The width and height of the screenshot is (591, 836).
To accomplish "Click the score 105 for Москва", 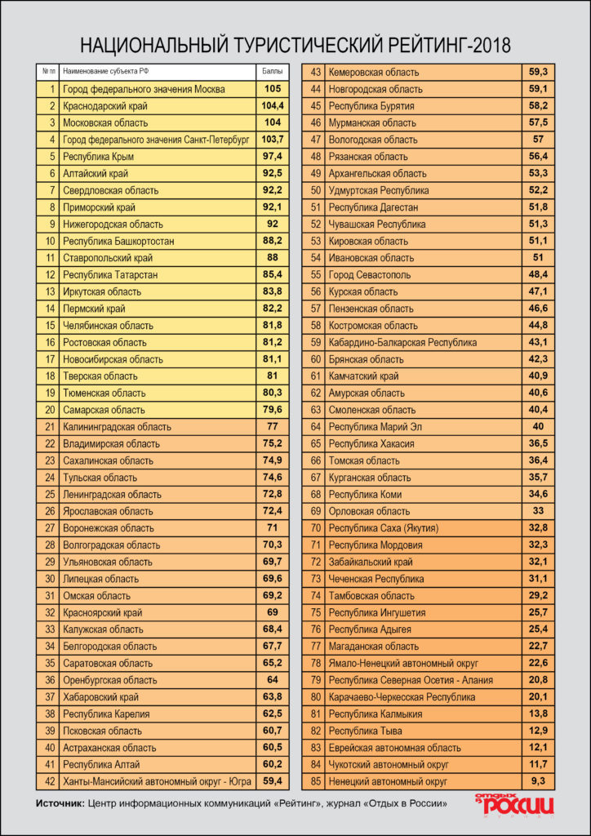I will tap(272, 89).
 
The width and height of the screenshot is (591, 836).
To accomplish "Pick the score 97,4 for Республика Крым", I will tap(272, 157).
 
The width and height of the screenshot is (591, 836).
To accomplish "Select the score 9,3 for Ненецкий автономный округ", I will tap(536, 781).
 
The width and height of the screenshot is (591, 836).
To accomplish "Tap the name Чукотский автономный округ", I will tap(388, 765).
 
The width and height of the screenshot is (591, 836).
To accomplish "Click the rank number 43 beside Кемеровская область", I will tap(315, 73).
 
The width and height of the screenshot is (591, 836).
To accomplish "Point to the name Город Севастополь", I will tap(369, 275).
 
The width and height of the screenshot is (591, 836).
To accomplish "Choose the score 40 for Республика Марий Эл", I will tap(536, 427).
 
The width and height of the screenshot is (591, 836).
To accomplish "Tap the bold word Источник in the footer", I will tap(60, 804).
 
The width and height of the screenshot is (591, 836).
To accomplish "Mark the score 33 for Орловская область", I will tap(536, 511).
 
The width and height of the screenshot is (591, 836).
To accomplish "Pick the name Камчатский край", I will tap(363, 376).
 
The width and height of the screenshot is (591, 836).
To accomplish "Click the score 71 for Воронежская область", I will tap(272, 528).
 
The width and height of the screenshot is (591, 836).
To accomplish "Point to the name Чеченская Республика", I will tap(375, 579).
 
